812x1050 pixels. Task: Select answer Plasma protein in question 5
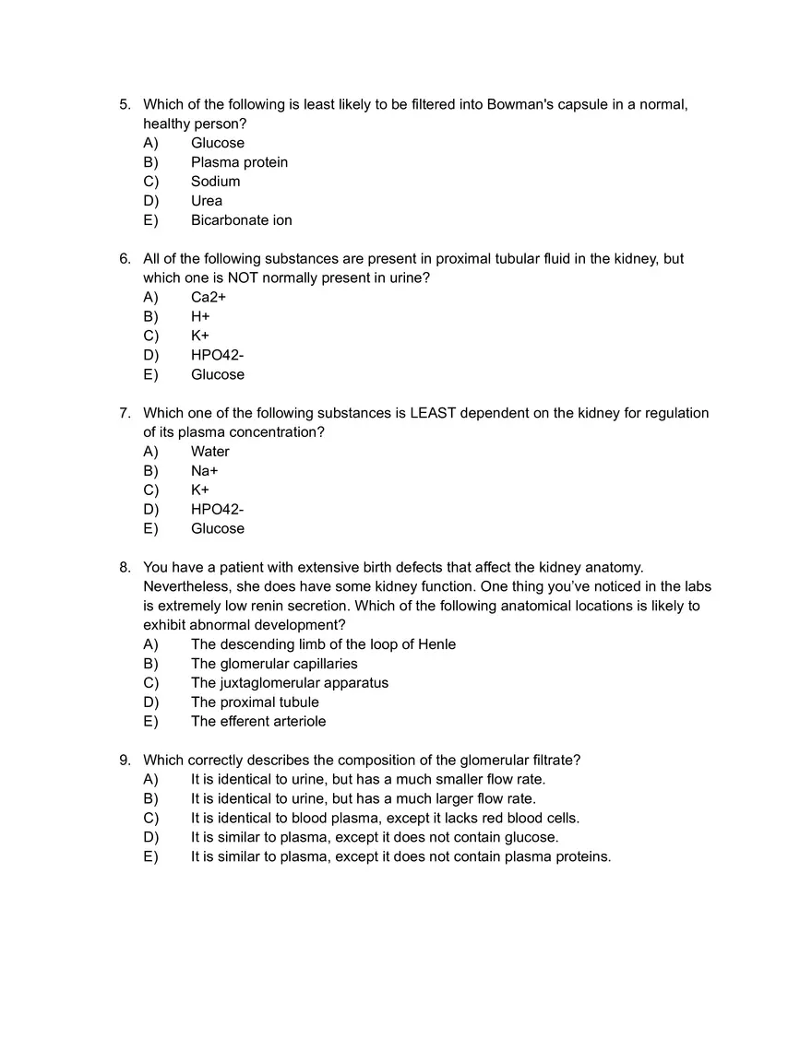click(x=239, y=162)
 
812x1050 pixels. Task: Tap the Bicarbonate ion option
click(x=241, y=220)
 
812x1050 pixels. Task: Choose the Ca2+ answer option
click(x=208, y=297)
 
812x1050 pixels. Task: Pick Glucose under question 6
click(x=217, y=374)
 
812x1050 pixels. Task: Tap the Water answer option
click(x=209, y=452)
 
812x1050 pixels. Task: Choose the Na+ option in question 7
click(x=204, y=471)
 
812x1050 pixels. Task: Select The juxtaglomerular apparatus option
click(x=289, y=683)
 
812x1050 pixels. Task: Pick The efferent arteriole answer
click(x=257, y=722)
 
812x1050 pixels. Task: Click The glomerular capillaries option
click(x=273, y=664)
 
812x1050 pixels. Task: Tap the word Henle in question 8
click(x=436, y=644)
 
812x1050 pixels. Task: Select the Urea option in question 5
click(x=206, y=201)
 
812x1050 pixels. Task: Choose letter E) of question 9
click(x=150, y=856)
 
